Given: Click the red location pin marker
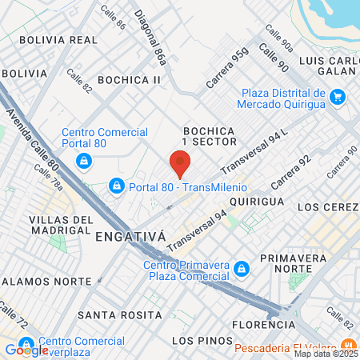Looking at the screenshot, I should click(180, 163).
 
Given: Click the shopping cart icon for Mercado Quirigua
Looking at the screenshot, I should click(338, 98).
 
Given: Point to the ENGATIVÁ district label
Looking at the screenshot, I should click(129, 237).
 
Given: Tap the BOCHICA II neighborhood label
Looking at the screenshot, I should click(130, 80).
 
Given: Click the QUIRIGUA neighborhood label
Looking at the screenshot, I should click(256, 202).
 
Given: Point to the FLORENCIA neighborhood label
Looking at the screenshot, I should click(263, 325).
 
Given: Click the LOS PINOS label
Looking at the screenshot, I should click(194, 341).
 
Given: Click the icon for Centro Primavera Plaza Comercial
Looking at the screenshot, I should click(241, 271).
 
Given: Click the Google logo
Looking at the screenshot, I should click(26, 349).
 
